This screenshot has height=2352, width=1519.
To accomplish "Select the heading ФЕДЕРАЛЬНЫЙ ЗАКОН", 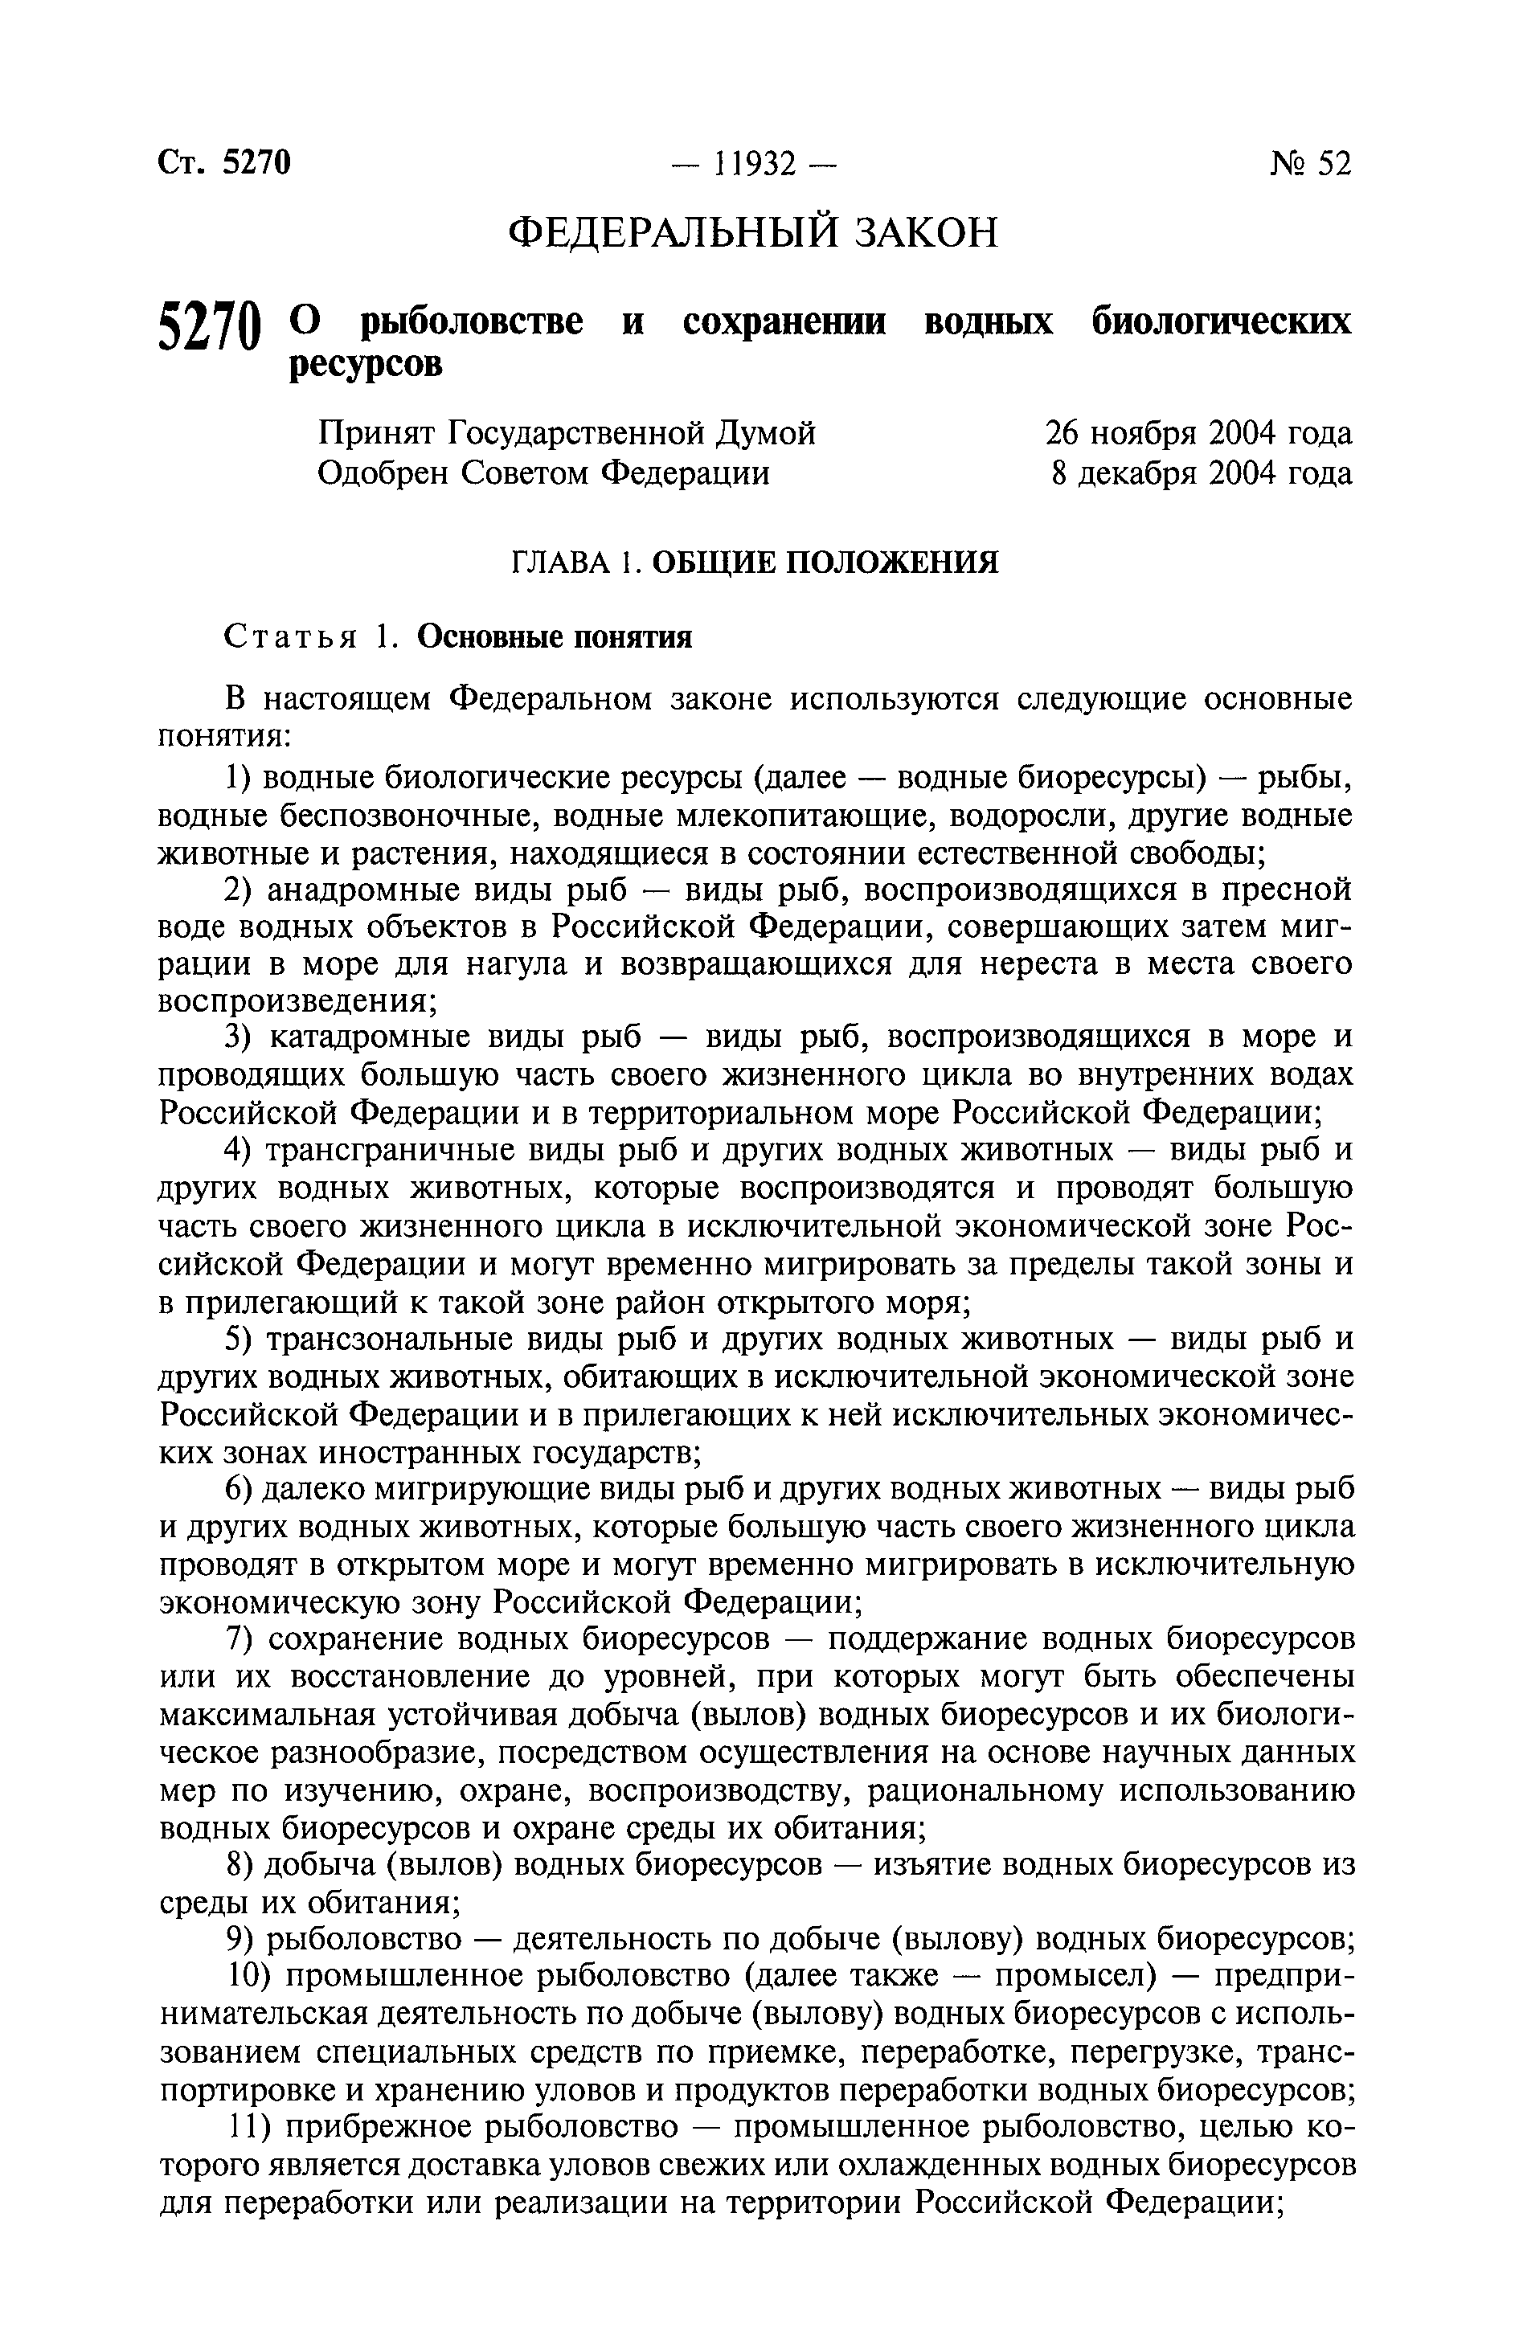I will (752, 233).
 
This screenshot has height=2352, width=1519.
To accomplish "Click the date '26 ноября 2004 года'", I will (1198, 433).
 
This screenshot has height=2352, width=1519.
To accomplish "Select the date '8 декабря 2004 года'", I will (1202, 474).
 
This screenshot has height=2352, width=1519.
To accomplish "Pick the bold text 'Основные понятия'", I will (555, 638).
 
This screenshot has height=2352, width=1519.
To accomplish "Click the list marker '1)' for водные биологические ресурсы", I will (239, 779).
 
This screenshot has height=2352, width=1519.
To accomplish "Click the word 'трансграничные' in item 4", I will (383, 1151).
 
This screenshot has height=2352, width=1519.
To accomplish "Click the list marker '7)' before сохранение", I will (240, 1639).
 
